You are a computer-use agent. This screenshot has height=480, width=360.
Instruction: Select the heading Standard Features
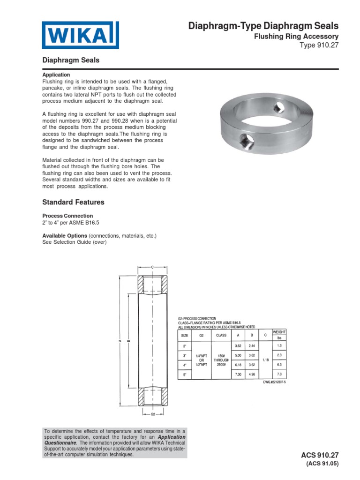[x=73, y=202]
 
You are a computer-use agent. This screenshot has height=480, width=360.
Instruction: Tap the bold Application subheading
[x=56, y=75]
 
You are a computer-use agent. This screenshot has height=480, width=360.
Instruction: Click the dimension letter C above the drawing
[x=152, y=267]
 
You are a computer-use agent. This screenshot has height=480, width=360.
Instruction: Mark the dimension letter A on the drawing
[x=120, y=341]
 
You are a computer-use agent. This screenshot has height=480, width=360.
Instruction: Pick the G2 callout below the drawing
[x=152, y=415]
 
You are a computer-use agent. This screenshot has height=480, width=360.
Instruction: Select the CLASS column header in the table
[x=221, y=335]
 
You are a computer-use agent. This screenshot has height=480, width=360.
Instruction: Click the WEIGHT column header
[x=279, y=331]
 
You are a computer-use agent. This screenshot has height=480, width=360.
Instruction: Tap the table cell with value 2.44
[x=252, y=345]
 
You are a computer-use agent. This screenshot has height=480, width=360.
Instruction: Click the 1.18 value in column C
[x=265, y=360]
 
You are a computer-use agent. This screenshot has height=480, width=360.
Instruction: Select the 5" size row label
[x=184, y=375]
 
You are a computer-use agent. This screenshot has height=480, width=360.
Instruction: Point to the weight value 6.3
[x=279, y=365]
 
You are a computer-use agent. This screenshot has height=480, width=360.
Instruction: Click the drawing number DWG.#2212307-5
[x=275, y=382]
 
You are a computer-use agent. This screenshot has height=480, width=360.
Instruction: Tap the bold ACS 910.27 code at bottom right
[x=321, y=455]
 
